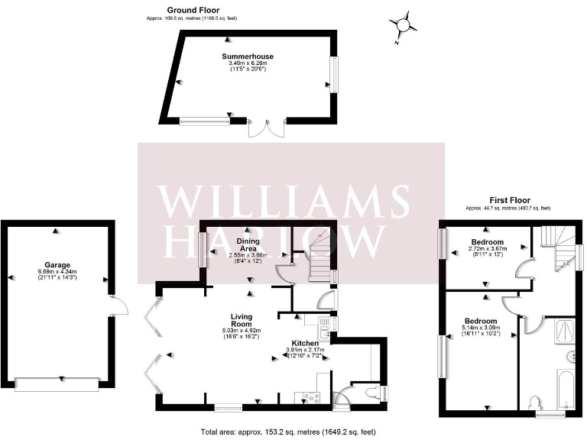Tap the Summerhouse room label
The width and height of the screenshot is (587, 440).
(x=248, y=57)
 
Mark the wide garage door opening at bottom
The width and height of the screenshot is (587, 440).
(x=57, y=383)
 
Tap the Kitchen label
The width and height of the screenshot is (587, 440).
(x=304, y=344)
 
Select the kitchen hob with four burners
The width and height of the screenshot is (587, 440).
(x=311, y=396)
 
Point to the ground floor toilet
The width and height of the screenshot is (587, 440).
(x=371, y=393)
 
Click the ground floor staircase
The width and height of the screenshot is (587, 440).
(x=319, y=260)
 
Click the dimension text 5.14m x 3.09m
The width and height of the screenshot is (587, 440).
(x=482, y=328)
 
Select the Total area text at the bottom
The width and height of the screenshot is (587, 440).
(x=289, y=432)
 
